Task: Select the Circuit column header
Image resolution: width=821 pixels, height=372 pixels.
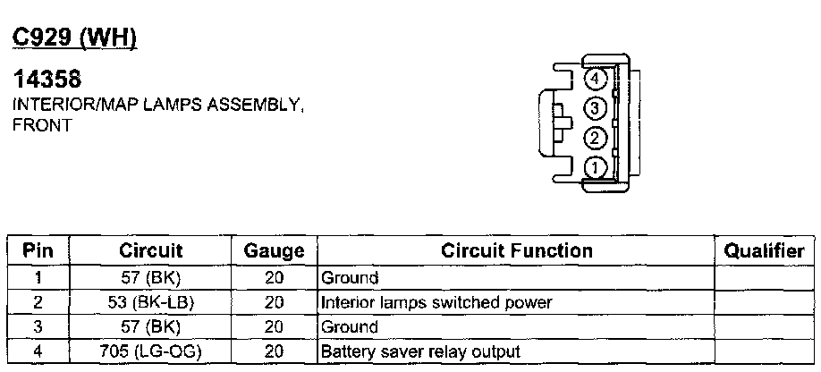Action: click(150, 251)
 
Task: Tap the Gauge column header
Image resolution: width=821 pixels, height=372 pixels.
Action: click(274, 251)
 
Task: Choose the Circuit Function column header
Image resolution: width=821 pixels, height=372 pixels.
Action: click(517, 251)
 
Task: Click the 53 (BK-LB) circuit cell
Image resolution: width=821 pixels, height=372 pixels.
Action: click(150, 302)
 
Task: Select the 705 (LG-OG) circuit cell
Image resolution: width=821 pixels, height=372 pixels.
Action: click(150, 351)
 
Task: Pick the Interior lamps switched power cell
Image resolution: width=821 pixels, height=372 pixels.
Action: click(436, 302)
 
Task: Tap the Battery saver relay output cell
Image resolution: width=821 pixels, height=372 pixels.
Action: click(420, 351)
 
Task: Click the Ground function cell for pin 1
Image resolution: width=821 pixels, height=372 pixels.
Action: click(350, 278)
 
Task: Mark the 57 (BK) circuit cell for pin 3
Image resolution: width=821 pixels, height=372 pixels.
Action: click(150, 327)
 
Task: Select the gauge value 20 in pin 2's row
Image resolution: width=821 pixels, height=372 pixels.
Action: click(274, 302)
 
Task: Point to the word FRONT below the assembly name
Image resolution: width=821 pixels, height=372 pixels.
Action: click(41, 126)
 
